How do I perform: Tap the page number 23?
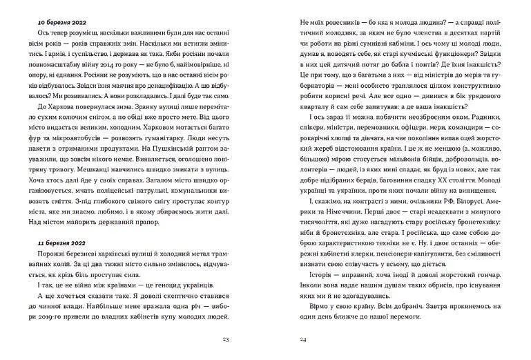226,339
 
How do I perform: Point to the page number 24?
303,339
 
